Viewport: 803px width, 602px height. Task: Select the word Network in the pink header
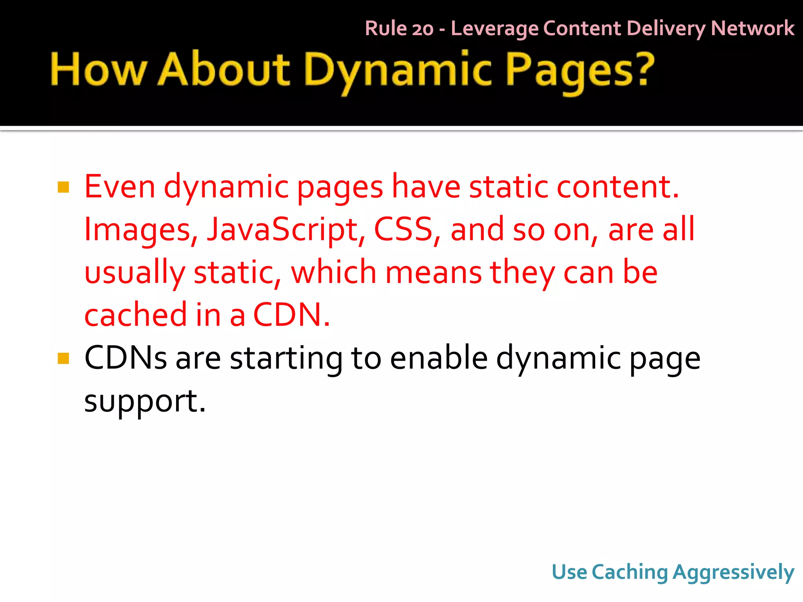pyautogui.click(x=752, y=28)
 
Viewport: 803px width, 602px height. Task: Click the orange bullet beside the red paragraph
pyautogui.click(x=63, y=187)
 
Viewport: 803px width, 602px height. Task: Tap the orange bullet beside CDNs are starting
pyautogui.click(x=63, y=358)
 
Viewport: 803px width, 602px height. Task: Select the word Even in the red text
pyautogui.click(x=120, y=187)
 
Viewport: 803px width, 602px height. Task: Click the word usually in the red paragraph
pyautogui.click(x=134, y=273)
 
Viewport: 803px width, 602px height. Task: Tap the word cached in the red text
pyautogui.click(x=136, y=314)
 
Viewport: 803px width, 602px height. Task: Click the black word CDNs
pyautogui.click(x=125, y=357)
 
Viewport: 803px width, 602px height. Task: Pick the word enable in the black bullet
pyautogui.click(x=439, y=357)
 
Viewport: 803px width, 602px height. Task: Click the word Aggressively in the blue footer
pyautogui.click(x=733, y=572)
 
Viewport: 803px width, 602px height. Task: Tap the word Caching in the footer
pyautogui.click(x=629, y=572)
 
